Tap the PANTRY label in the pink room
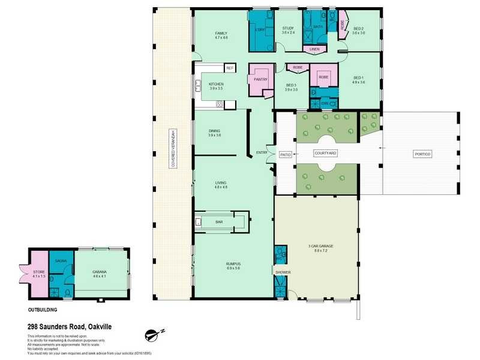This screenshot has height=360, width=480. click(x=260, y=79)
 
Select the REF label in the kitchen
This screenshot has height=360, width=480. click(x=229, y=68)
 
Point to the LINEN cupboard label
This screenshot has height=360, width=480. click(x=314, y=49)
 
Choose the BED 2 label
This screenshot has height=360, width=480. click(x=359, y=29)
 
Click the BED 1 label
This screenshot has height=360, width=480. click(x=359, y=77)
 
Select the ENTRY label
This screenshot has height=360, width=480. click(x=262, y=152)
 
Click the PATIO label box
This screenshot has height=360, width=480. click(x=286, y=154)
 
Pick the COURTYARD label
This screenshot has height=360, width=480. click(x=326, y=154)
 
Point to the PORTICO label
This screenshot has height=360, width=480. click(x=422, y=154)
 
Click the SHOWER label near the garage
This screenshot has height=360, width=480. click(x=283, y=272)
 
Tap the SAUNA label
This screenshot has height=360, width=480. click(x=61, y=261)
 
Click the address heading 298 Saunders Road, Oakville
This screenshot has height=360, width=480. click(x=69, y=326)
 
